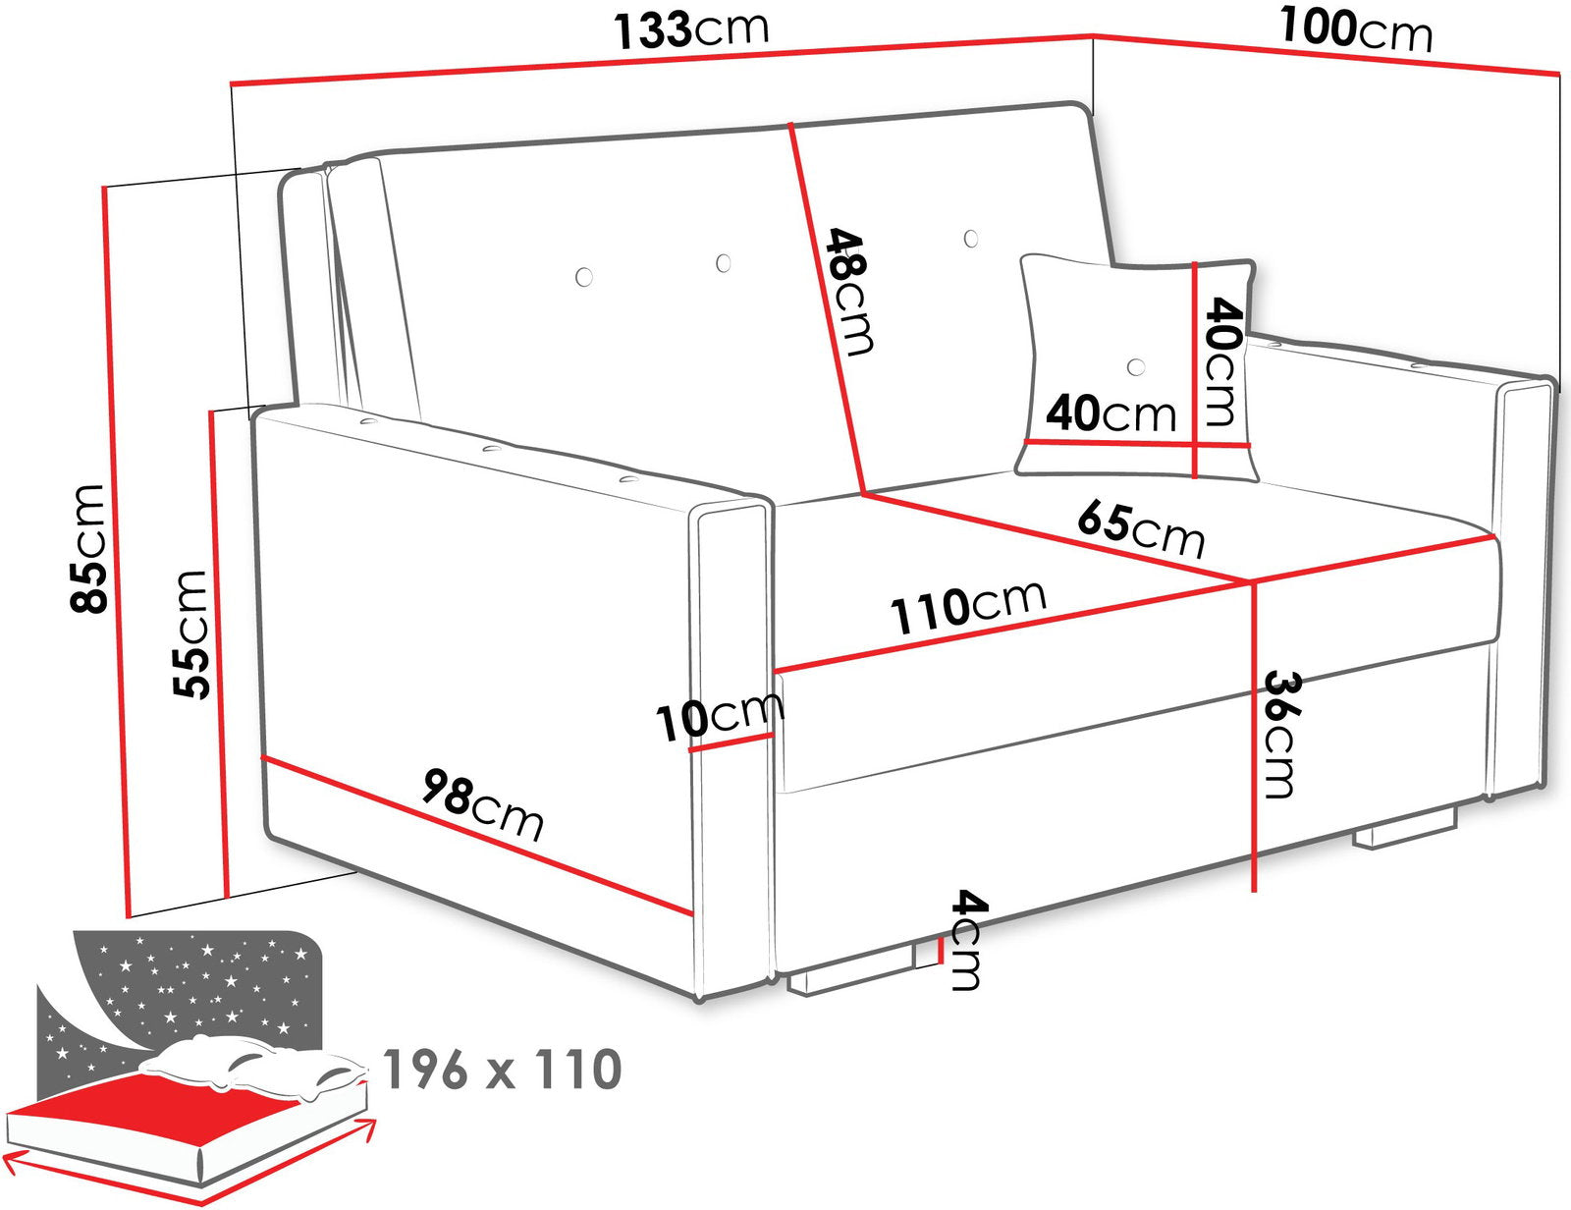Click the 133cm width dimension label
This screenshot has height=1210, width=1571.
pyautogui.click(x=691, y=29)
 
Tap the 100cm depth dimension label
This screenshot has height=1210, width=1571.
pyautogui.click(x=1356, y=30)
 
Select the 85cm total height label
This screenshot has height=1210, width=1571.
pyautogui.click(x=88, y=549)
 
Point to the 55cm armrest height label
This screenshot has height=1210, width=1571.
pyautogui.click(x=190, y=634)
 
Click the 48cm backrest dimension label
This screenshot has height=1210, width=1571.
pyautogui.click(x=849, y=292)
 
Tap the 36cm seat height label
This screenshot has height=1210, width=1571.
pyautogui.click(x=1281, y=735)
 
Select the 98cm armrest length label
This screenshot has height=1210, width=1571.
pyautogui.click(x=482, y=805)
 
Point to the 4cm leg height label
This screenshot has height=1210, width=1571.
pyautogui.click(x=967, y=940)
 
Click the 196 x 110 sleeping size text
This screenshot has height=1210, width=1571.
pyautogui.click(x=502, y=1070)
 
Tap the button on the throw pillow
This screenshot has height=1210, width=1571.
pyautogui.click(x=1136, y=366)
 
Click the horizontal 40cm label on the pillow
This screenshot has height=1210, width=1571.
pyautogui.click(x=1111, y=412)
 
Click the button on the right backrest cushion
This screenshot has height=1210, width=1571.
pyautogui.click(x=971, y=238)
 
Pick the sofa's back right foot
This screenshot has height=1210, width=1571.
pyautogui.click(x=1403, y=834)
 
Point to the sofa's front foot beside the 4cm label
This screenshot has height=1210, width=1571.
pyautogui.click(x=850, y=975)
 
